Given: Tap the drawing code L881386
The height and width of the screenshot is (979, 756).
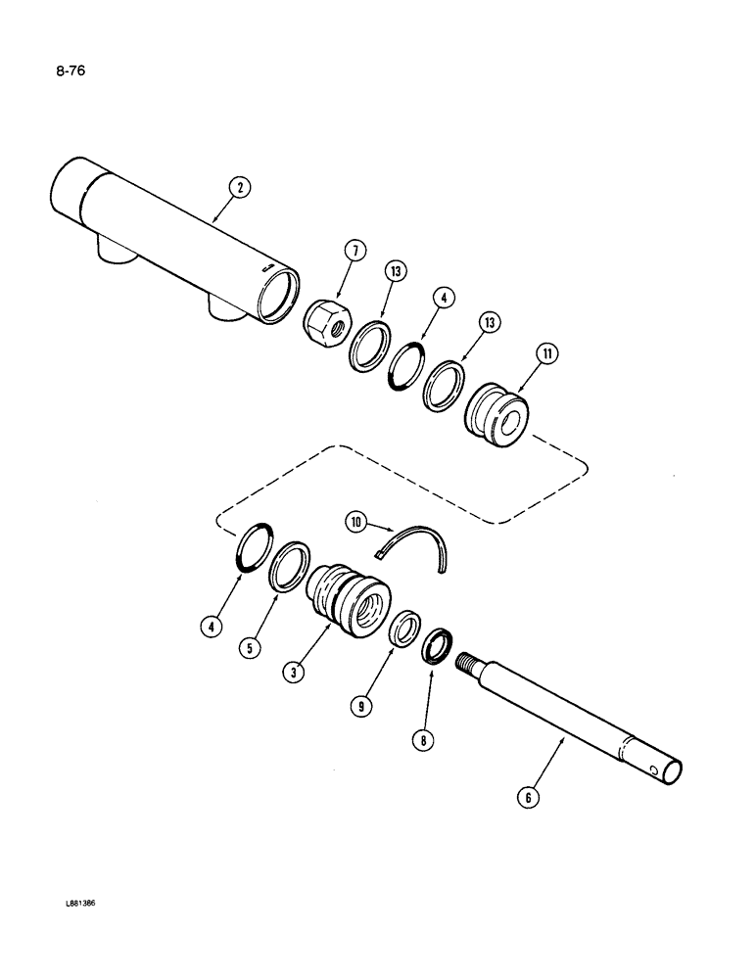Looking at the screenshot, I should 83,905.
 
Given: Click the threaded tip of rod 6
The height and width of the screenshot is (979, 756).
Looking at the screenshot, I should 467,664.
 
